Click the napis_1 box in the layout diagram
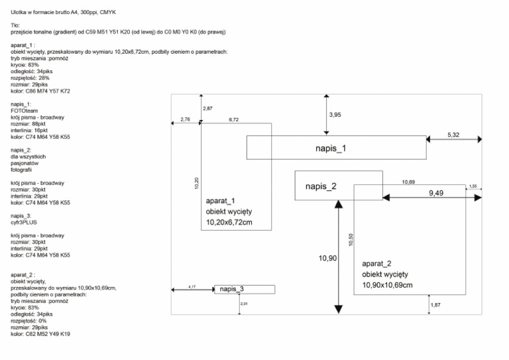point(336,148)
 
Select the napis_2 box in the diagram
point(321,186)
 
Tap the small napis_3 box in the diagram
point(231,290)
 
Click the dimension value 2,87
point(208,108)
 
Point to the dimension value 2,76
point(186,119)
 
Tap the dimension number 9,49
point(437,192)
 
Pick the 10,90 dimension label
point(328,259)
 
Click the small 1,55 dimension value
point(473,186)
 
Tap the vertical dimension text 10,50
point(351,239)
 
